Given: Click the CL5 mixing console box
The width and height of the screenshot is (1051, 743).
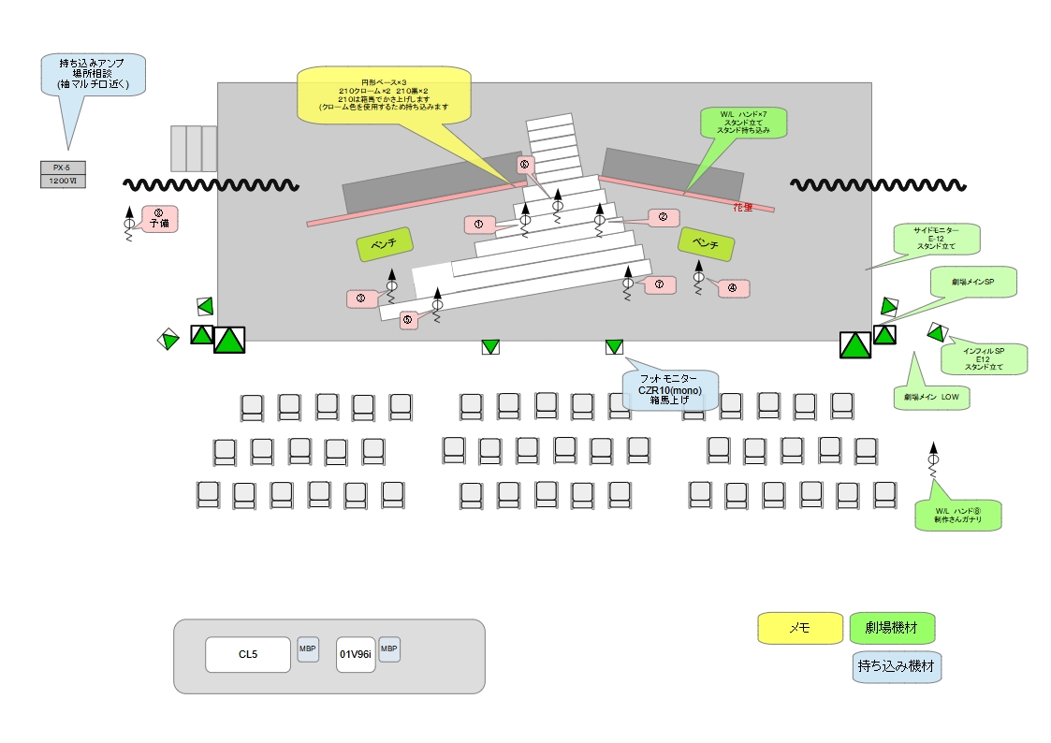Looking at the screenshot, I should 248,654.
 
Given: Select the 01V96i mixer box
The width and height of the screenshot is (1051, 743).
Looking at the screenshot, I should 356,654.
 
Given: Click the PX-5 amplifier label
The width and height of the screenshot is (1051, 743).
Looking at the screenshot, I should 64,168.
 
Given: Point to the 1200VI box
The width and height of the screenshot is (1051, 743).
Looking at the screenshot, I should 64,181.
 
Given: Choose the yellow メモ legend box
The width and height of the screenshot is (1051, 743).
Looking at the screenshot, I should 799,629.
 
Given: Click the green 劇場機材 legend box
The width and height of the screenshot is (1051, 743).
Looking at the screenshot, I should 892,628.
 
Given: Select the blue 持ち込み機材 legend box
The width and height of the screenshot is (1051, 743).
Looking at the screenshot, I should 897,666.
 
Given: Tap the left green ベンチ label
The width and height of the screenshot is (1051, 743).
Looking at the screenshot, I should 384,244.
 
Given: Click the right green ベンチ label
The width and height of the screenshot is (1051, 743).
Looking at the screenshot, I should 706,243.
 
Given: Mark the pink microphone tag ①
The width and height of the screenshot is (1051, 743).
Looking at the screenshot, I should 478,225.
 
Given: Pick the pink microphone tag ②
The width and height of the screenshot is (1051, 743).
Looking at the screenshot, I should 663,217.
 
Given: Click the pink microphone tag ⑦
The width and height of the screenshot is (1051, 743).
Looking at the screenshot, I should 659,284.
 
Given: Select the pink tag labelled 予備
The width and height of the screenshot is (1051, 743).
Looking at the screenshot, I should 158,219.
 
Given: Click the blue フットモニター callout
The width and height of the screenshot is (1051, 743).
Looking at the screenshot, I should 671,388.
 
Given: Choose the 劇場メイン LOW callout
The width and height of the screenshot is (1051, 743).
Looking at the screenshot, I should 932,397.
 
